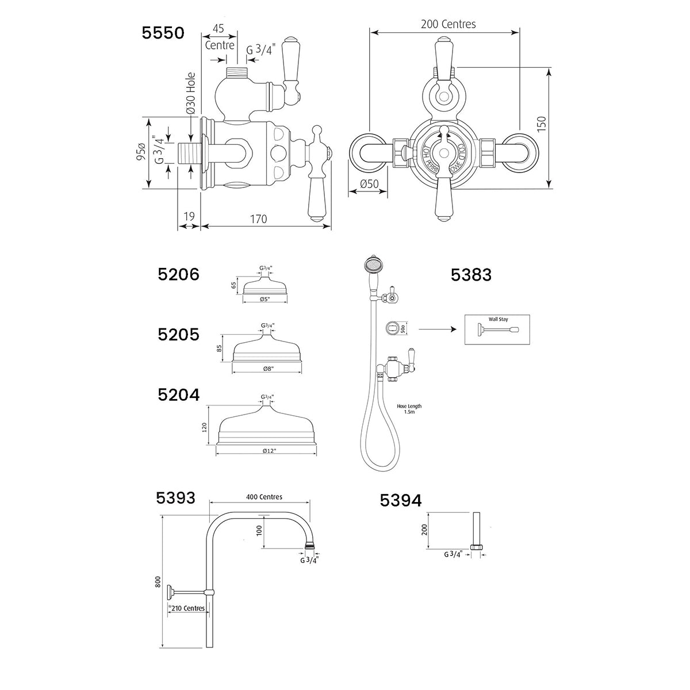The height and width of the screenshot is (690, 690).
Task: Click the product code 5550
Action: coord(163,33)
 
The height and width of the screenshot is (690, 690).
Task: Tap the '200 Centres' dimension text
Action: coord(448,24)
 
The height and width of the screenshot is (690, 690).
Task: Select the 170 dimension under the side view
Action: coord(259,218)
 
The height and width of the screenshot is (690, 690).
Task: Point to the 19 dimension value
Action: coord(188,217)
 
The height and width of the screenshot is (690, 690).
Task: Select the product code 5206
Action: coord(179,274)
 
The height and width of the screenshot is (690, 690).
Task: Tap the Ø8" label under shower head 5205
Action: coord(267,369)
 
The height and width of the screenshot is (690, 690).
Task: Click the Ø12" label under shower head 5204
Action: coord(267,451)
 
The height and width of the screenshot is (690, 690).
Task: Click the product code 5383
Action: coord(471,275)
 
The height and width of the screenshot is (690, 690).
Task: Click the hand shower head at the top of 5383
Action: coord(370,266)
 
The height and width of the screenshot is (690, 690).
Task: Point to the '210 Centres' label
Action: coord(187,608)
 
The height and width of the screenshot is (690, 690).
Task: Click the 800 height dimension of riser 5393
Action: coord(157,582)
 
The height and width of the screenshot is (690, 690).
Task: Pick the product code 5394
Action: coord(401,501)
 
